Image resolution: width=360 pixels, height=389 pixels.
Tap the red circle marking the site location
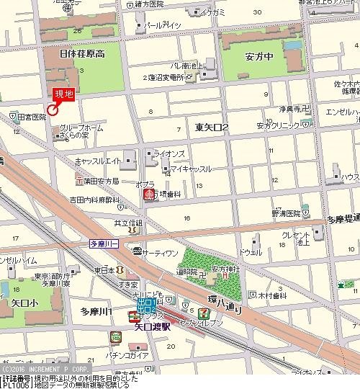click(51, 110)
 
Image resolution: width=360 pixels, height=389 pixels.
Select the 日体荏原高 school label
click(83, 54)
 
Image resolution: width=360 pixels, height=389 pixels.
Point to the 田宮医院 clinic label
click(32, 116)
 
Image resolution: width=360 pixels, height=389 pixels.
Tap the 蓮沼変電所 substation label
click(171, 78)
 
